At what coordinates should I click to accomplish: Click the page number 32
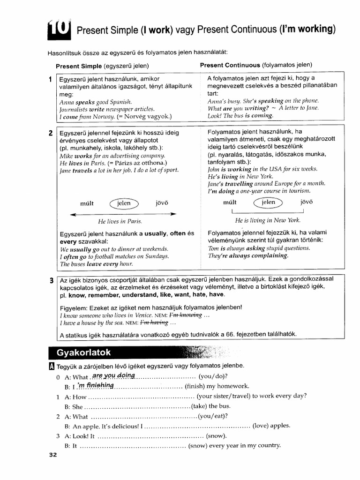(x=53, y=455)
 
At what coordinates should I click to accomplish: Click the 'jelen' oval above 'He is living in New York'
(x=269, y=202)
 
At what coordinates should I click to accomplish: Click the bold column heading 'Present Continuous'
(x=230, y=65)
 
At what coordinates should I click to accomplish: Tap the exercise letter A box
(x=52, y=366)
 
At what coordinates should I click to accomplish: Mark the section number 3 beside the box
(x=51, y=281)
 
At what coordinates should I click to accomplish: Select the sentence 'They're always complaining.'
(x=248, y=256)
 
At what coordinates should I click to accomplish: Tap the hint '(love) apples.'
(x=271, y=426)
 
